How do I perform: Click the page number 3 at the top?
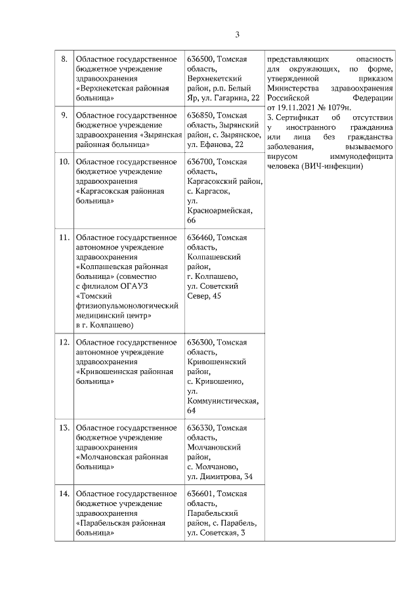238,35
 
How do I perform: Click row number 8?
64,60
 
